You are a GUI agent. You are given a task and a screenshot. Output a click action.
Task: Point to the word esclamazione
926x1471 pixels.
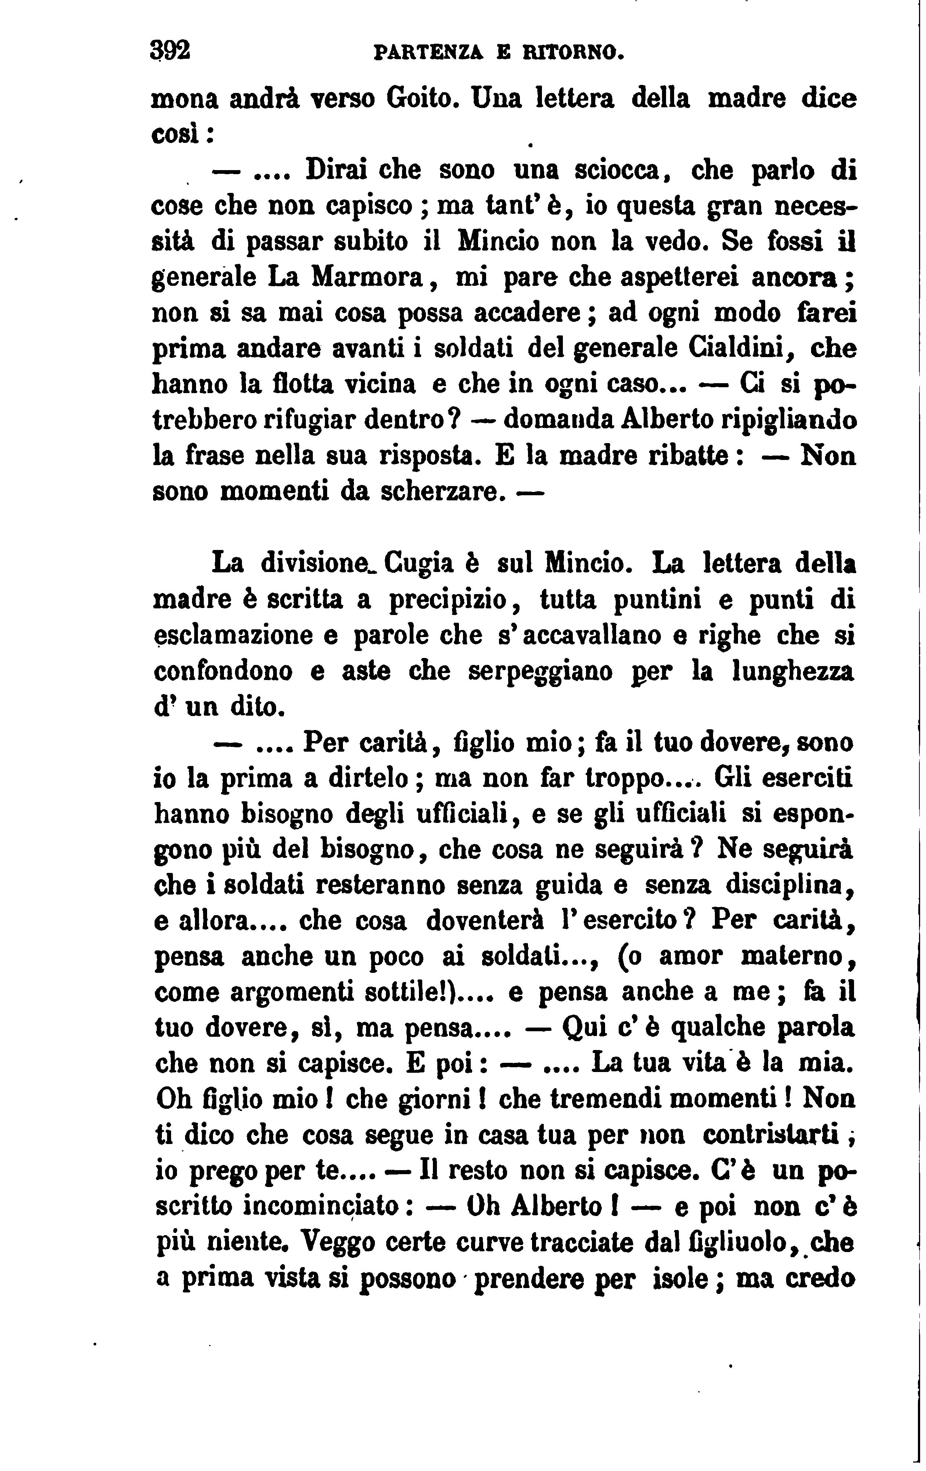(232, 636)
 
